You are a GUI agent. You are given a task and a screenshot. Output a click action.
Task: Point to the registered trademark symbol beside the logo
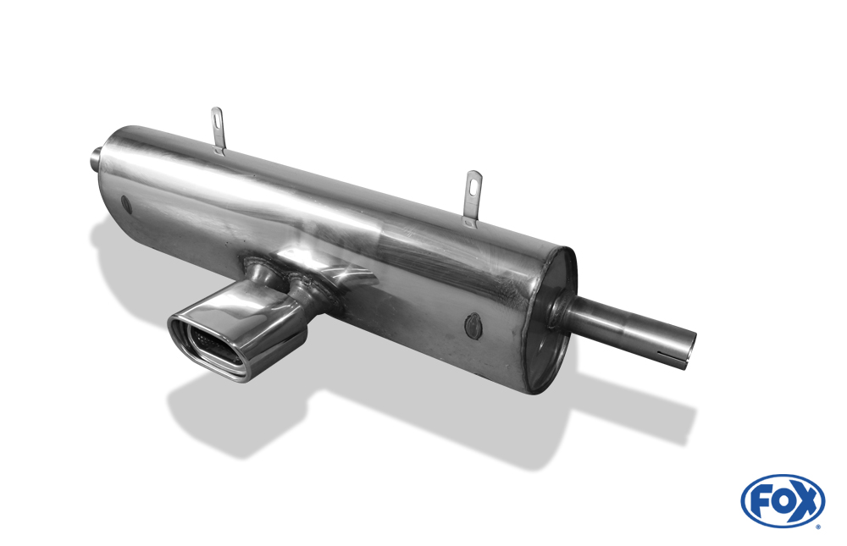pyautogui.click(x=819, y=526)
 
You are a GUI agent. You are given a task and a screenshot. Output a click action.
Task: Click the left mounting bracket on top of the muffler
pyautogui.click(x=217, y=130)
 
